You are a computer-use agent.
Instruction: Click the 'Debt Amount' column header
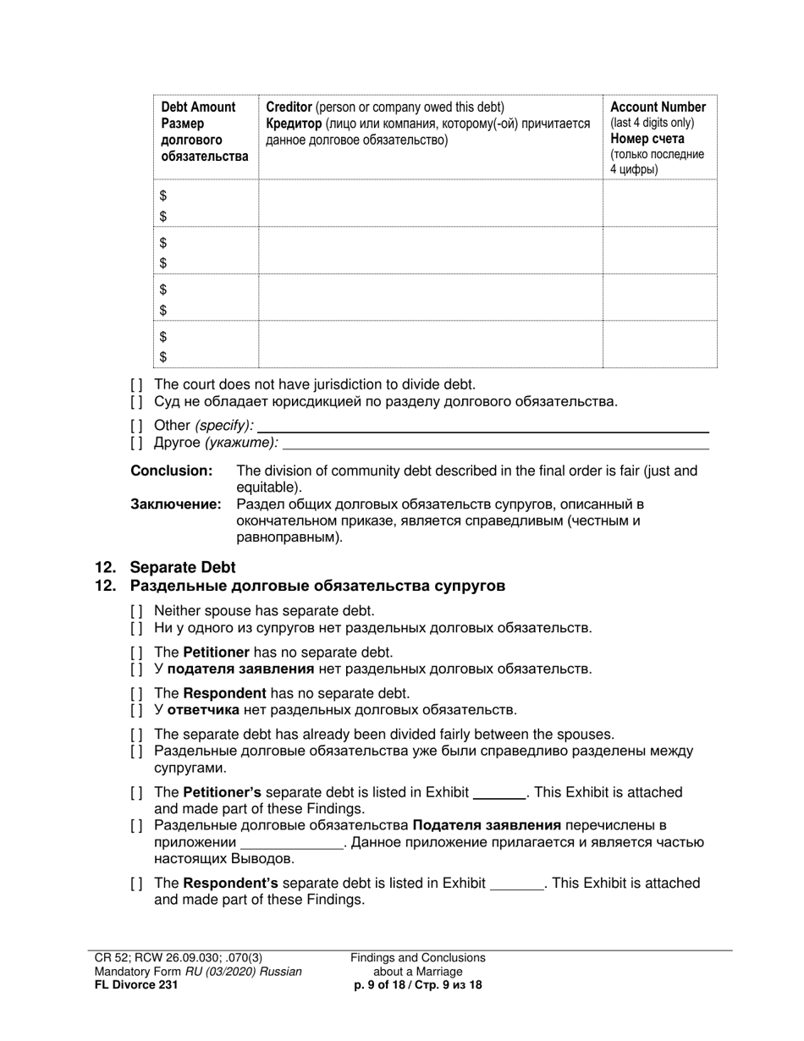pos(198,107)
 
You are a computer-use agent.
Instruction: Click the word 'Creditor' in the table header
pos(289,107)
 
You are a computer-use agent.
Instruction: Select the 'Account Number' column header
pos(658,107)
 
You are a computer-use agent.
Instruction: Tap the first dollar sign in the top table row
pos(164,196)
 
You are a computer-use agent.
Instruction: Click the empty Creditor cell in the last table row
pos(430,345)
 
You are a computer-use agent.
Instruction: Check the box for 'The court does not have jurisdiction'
pos(137,385)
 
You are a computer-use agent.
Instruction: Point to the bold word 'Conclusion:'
pos(171,471)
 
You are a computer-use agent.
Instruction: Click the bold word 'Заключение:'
pos(175,504)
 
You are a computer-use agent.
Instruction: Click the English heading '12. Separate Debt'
pos(165,567)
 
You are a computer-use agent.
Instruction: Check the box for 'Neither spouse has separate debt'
pos(137,611)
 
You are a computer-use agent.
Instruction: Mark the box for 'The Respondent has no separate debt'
pos(137,693)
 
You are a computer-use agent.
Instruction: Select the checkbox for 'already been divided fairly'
pos(137,735)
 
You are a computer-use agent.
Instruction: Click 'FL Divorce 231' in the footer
pos(136,984)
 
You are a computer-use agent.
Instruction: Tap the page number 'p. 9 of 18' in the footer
pos(418,984)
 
